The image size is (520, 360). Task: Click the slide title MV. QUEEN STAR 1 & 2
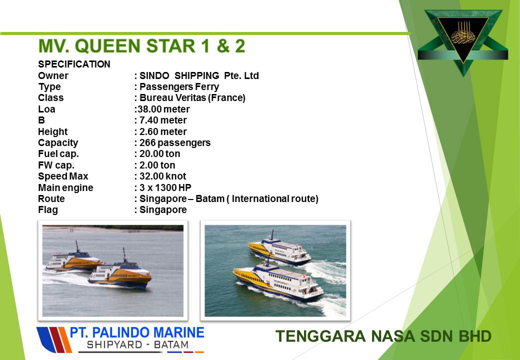point(141,45)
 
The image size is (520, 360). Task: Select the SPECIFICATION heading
point(74,64)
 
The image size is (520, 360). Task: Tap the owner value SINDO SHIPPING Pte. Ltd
point(199,75)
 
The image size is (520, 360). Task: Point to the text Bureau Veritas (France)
point(192,98)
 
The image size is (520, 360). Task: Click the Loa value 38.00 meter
point(164,109)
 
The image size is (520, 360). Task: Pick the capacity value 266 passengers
point(175,142)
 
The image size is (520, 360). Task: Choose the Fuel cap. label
point(58,154)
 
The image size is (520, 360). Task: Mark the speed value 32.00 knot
point(162,176)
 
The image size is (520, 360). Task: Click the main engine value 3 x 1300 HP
point(165,187)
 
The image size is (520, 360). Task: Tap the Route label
point(51,198)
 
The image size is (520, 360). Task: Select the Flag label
point(48,210)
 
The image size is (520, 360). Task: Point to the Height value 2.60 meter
point(163,131)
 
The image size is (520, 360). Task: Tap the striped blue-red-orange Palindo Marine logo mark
point(54,340)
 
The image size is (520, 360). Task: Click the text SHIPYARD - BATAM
point(137,345)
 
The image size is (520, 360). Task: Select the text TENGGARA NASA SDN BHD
point(383,336)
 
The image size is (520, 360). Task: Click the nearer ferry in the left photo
point(120,272)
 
